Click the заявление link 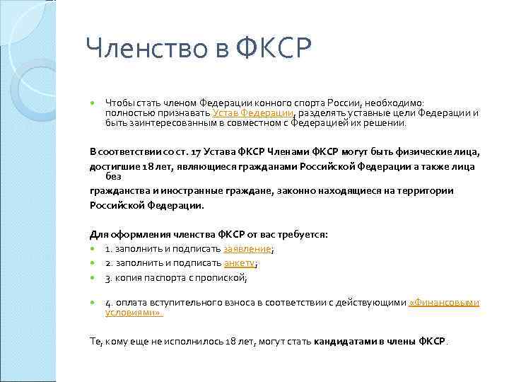click(247, 249)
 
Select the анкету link click(239, 263)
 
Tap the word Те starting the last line click(96, 341)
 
